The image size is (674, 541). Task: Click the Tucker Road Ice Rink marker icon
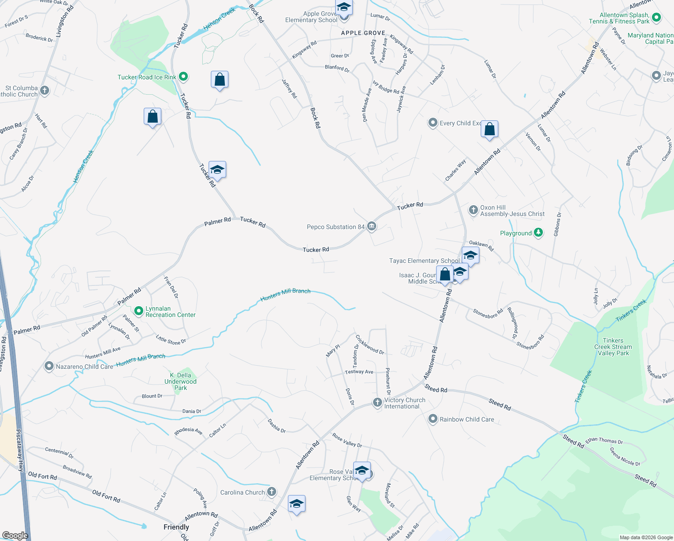tap(183, 77)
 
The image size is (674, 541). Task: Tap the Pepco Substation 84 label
tap(335, 227)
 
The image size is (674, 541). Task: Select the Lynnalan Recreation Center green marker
tap(139, 311)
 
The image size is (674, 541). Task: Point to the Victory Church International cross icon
tap(378, 402)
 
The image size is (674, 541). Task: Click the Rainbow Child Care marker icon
tap(433, 419)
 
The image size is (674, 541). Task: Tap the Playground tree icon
tap(538, 233)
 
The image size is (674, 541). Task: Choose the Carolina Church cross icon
tap(272, 492)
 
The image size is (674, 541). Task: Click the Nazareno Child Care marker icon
tap(49, 366)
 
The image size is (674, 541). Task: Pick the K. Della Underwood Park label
tap(180, 381)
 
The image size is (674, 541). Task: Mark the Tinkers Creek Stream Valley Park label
tap(613, 347)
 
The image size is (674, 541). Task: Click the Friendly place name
tap(176, 527)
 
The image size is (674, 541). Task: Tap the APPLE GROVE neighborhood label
tap(363, 33)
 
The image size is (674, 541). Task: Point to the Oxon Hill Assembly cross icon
tap(473, 210)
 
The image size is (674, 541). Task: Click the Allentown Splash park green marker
tap(656, 18)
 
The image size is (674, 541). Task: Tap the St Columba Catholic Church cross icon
tap(44, 90)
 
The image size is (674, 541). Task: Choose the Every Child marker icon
tap(433, 123)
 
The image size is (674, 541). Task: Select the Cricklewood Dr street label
tap(370, 344)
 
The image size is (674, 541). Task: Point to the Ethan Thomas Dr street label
tap(604, 440)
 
